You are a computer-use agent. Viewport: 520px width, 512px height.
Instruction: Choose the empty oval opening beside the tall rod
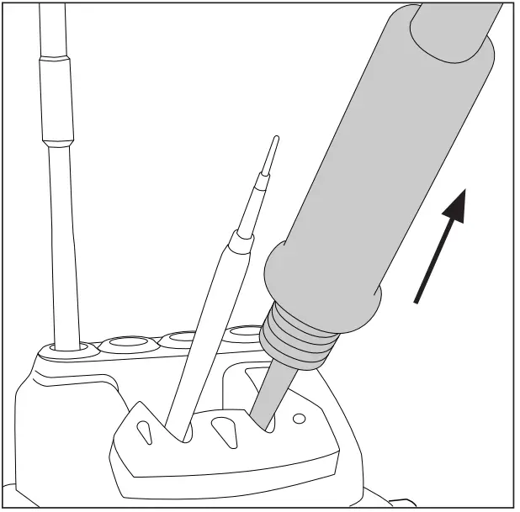point(125,342)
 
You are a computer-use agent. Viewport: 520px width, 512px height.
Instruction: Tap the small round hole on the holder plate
point(299,418)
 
